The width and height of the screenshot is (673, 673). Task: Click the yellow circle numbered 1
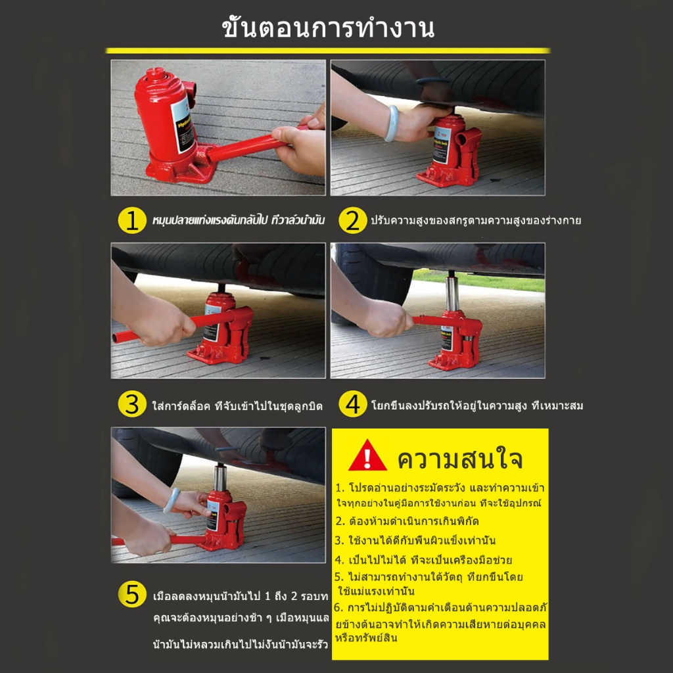[131, 221]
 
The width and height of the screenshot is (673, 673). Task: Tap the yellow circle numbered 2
[352, 221]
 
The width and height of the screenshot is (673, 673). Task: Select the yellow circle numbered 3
[131, 404]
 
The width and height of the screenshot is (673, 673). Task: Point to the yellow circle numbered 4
[352, 404]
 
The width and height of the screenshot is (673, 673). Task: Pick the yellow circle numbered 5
[131, 594]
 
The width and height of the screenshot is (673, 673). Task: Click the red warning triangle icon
[367, 456]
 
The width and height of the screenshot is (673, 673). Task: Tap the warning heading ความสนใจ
[459, 458]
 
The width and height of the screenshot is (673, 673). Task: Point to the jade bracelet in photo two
[391, 123]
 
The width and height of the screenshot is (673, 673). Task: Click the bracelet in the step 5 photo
[171, 500]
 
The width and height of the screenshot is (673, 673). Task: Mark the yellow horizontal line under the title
[328, 51]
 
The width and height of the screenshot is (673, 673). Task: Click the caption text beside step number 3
[237, 406]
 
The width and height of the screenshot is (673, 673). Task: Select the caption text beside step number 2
[476, 221]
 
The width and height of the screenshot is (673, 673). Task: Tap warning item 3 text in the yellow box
[415, 540]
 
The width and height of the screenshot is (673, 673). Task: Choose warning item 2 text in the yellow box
[407, 521]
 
